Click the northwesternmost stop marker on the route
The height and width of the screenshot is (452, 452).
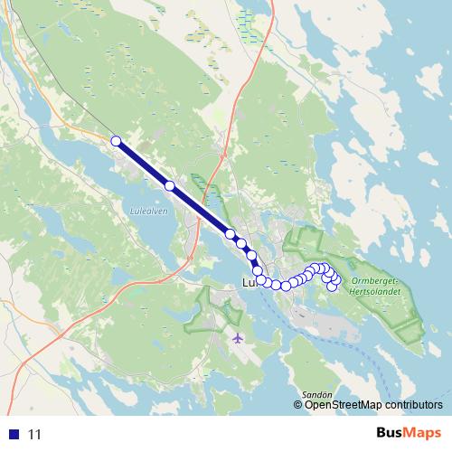pos(116,139)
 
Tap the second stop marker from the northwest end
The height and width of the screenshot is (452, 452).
pos(169,185)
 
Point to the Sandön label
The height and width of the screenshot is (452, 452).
pos(318,394)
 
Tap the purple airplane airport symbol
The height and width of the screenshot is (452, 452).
pos(238,338)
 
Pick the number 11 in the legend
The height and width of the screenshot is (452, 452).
pos(35,434)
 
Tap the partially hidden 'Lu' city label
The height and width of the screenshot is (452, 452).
pos(250,283)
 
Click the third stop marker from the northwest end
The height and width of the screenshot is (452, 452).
pos(231,235)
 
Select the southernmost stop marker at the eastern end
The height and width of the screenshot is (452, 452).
pos(333,287)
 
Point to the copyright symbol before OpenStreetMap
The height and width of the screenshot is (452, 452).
pos(299,405)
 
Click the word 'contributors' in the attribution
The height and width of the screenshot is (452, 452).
pos(412,405)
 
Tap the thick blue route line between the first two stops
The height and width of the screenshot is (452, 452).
pos(143,163)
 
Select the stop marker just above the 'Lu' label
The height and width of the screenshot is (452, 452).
pos(258,270)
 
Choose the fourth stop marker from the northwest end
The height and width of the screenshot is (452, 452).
pos(241,243)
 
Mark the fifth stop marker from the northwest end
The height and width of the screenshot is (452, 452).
pos(251,255)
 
